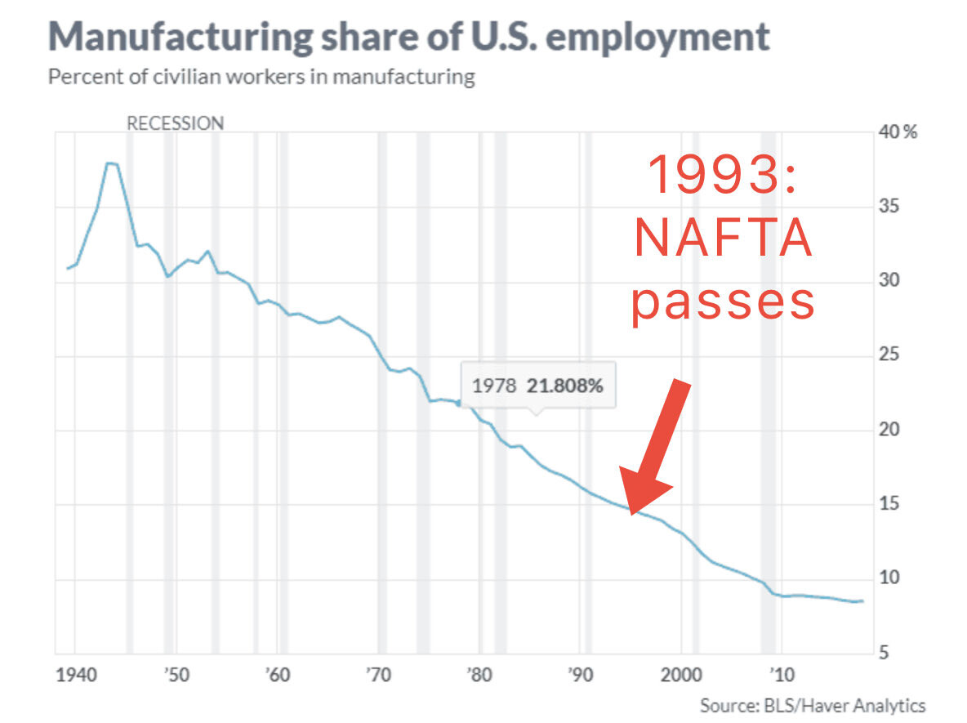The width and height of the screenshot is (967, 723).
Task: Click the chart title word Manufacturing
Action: [180, 37]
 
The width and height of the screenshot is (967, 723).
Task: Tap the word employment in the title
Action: [657, 37]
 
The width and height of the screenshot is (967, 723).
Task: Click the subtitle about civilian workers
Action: [261, 77]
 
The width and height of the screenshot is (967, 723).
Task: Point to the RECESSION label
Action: [175, 123]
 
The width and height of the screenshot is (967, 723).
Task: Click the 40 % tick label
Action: [898, 132]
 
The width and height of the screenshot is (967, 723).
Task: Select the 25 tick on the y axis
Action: [889, 355]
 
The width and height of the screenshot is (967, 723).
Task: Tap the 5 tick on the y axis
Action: [884, 652]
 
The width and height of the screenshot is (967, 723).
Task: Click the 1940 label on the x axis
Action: [77, 675]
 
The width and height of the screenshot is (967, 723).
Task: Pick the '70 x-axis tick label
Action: [378, 675]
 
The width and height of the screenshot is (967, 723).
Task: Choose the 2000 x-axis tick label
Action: [681, 675]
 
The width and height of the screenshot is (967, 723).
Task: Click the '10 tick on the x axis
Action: [782, 675]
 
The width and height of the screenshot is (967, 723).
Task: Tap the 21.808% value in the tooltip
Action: [565, 386]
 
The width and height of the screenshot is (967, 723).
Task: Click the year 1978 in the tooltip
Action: [494, 386]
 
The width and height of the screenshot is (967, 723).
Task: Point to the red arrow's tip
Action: [631, 514]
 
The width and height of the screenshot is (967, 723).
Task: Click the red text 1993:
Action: [722, 175]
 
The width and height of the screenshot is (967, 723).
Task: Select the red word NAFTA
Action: [723, 238]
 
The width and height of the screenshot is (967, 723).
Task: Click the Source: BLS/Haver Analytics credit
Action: [813, 705]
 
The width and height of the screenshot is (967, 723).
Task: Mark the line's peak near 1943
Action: [109, 163]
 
